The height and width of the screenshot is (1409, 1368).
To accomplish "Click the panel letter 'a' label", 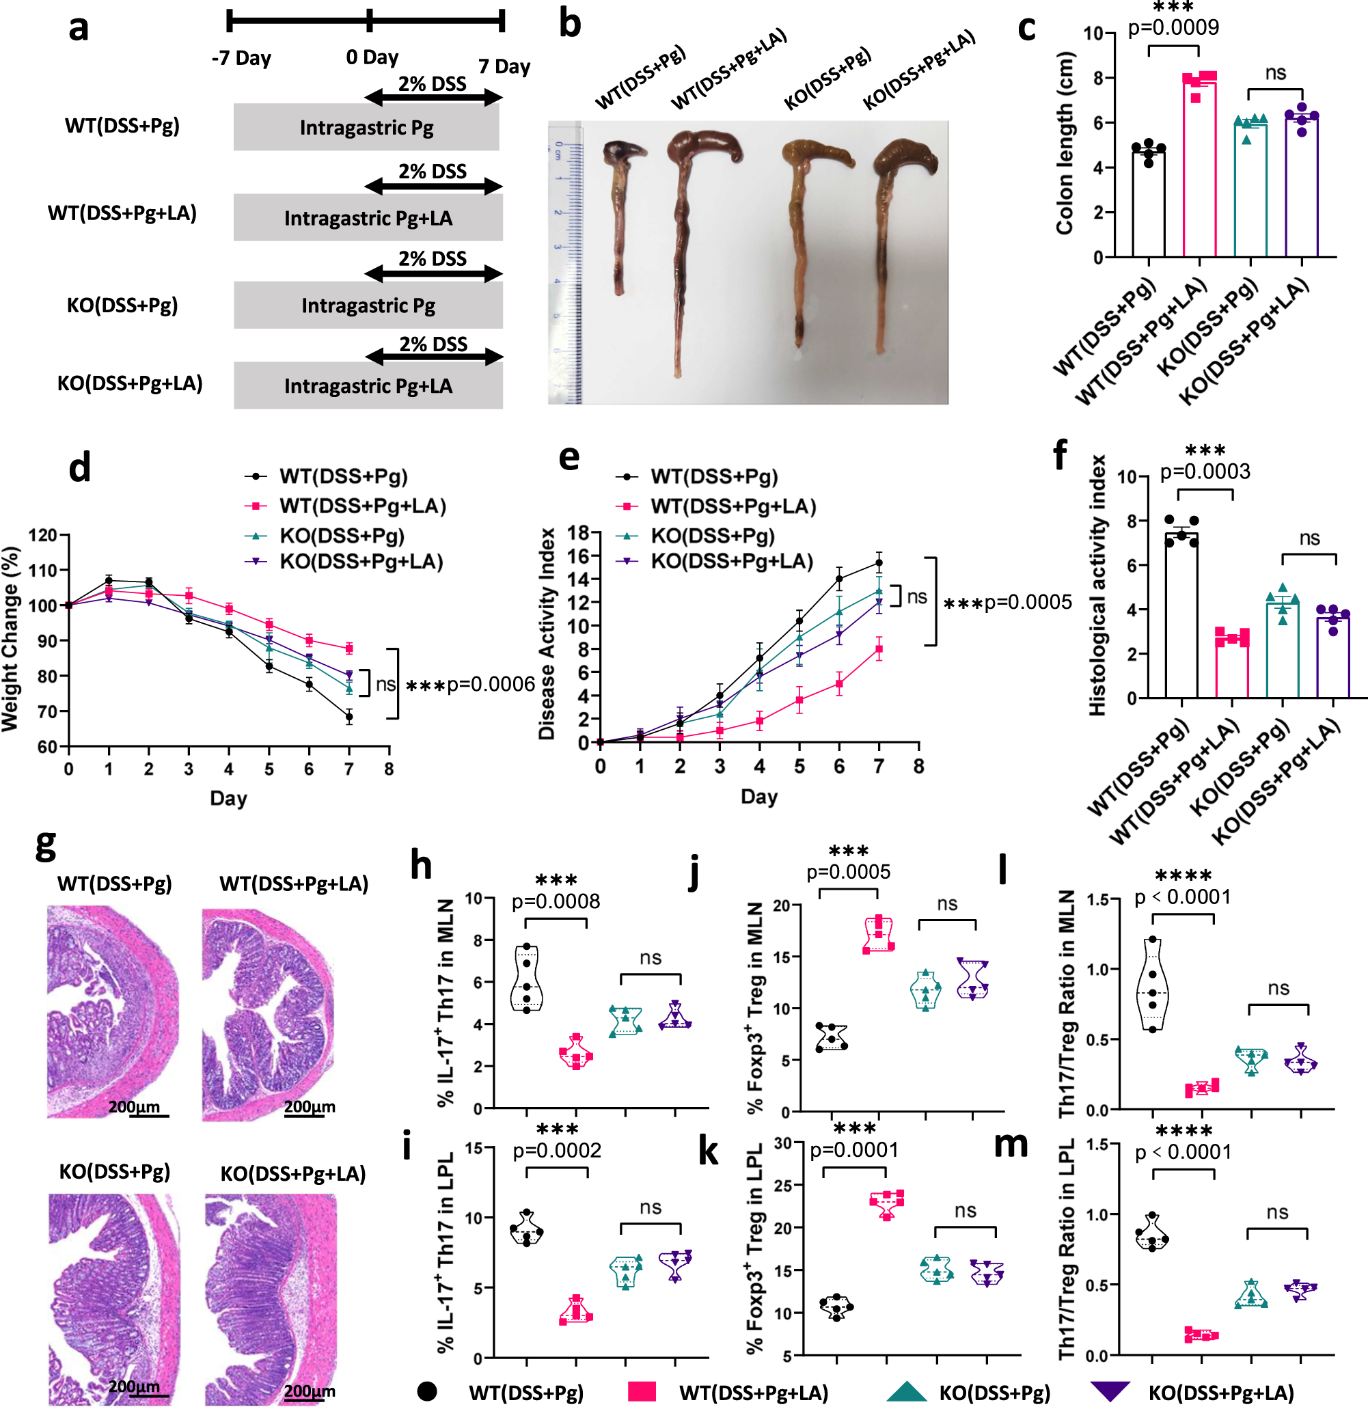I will pyautogui.click(x=79, y=29).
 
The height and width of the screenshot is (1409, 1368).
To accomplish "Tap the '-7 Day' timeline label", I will pyautogui.click(x=241, y=58).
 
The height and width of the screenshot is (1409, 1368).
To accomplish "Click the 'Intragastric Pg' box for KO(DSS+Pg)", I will pyautogui.click(x=368, y=305).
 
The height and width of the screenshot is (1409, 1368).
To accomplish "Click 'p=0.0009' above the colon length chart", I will pyautogui.click(x=1173, y=28).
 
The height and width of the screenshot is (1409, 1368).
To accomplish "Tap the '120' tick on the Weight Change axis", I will pyautogui.click(x=42, y=536).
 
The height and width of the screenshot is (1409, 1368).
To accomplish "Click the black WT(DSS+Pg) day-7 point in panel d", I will pyautogui.click(x=348, y=717).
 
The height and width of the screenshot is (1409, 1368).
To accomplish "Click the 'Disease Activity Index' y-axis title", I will pyautogui.click(x=547, y=634).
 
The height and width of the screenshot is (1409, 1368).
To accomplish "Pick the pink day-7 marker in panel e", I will pyautogui.click(x=879, y=649).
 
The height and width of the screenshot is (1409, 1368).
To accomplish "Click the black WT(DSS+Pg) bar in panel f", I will pyautogui.click(x=1181, y=618).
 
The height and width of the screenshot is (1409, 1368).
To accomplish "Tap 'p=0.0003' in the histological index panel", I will pyautogui.click(x=1205, y=471).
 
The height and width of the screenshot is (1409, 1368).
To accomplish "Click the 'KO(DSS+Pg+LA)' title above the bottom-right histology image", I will pyautogui.click(x=292, y=1174).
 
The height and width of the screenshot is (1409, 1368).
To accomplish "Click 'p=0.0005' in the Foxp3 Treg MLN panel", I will pyautogui.click(x=848, y=872).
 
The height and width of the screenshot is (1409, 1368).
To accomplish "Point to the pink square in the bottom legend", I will pyautogui.click(x=641, y=1391).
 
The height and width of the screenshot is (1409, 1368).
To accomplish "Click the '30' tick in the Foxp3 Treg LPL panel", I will pyautogui.click(x=783, y=1143).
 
